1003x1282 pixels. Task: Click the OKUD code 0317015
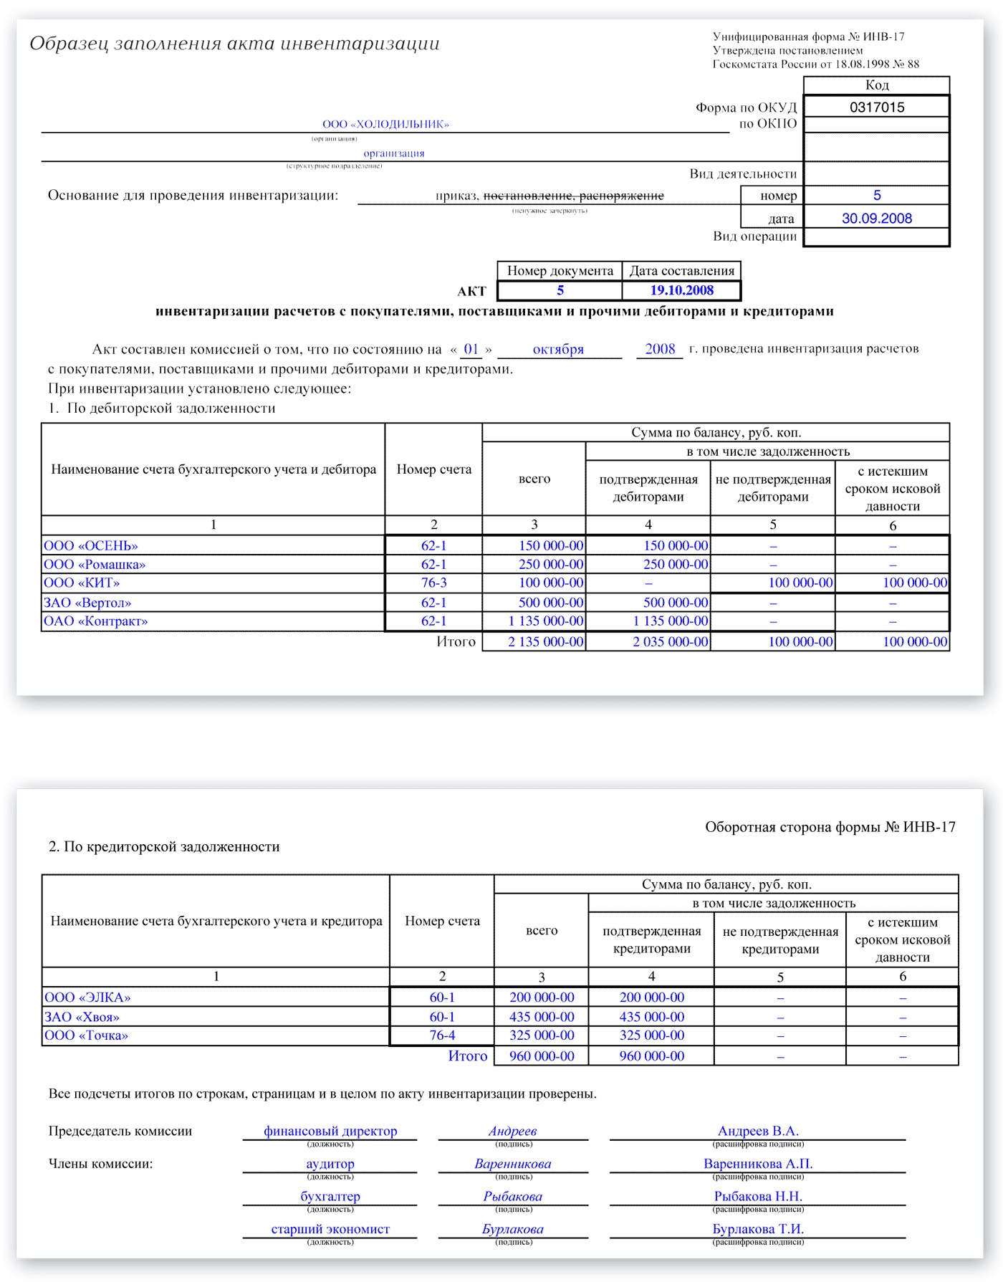click(x=877, y=107)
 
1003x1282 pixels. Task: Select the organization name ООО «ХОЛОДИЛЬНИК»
click(x=385, y=124)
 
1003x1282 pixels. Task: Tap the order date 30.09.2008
click(x=877, y=219)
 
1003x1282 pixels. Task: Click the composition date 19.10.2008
click(x=681, y=290)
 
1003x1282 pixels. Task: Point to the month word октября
click(x=558, y=350)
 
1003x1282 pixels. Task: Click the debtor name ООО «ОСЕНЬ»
click(x=91, y=545)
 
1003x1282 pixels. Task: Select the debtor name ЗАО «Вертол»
click(x=87, y=603)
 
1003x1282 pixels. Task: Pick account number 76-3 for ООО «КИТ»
click(x=433, y=583)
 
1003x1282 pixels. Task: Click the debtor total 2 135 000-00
click(x=545, y=641)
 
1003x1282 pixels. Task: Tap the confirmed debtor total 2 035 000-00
click(x=670, y=641)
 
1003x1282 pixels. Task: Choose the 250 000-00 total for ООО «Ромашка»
click(x=550, y=565)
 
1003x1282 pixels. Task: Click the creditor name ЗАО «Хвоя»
click(x=82, y=1017)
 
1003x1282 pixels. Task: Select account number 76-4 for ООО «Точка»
click(x=442, y=1035)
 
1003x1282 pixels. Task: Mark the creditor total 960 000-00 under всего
click(x=542, y=1056)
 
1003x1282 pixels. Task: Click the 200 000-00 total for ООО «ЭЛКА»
click(x=542, y=998)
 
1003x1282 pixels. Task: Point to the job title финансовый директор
click(x=330, y=1132)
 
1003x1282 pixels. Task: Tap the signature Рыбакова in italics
click(x=512, y=1197)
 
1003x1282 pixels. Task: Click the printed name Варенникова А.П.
click(x=758, y=1164)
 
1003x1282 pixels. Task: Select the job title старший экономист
click(x=330, y=1229)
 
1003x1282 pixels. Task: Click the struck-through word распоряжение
click(x=621, y=196)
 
